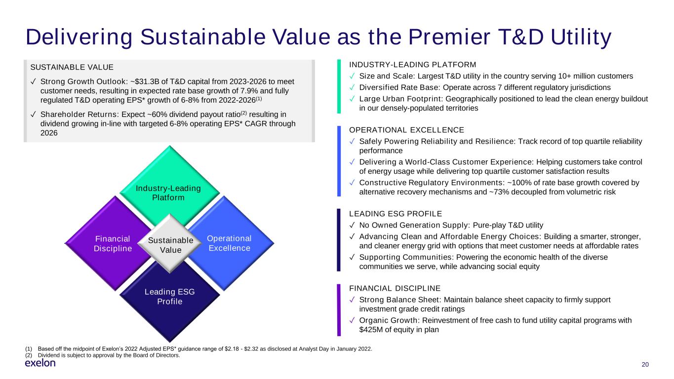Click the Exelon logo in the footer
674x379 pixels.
tap(40, 363)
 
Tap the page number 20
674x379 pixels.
tap(645, 365)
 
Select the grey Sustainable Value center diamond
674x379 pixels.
tap(170, 244)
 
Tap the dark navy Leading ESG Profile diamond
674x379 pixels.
tap(170, 301)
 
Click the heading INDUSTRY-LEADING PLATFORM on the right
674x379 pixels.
tap(412, 65)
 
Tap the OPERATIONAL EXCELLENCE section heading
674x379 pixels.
tap(406, 130)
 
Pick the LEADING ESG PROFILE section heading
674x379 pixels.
tap(396, 214)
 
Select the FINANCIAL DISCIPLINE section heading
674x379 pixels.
tap(395, 289)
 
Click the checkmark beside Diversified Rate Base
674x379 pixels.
tap(352, 87)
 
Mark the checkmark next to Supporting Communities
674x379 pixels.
tap(352, 257)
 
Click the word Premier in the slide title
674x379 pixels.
tap(449, 38)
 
